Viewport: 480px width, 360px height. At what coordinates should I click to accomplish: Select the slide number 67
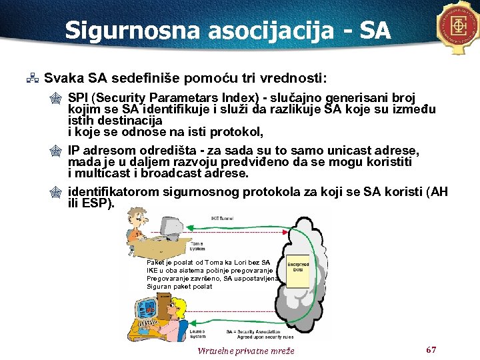[431, 349]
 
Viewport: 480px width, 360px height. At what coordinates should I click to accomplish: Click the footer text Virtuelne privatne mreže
[246, 351]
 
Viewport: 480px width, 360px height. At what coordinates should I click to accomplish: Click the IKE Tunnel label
[221, 218]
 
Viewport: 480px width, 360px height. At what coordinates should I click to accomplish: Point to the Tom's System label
[198, 247]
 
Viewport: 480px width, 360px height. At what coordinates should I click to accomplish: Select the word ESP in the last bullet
[97, 203]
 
